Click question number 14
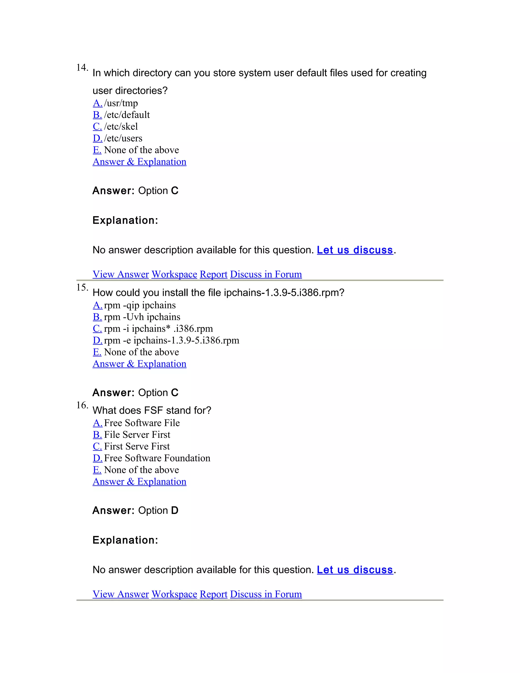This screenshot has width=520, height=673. (x=82, y=68)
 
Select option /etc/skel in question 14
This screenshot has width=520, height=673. (x=121, y=126)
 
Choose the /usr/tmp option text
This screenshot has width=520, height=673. (x=121, y=103)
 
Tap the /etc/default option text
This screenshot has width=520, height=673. (x=127, y=115)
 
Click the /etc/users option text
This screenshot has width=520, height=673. (x=123, y=138)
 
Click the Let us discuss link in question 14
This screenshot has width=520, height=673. (x=355, y=250)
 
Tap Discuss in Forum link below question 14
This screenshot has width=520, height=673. (x=266, y=274)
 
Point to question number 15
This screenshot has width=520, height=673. (x=82, y=287)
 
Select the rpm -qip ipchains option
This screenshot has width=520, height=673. (x=140, y=305)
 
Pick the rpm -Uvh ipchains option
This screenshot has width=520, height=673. (x=142, y=317)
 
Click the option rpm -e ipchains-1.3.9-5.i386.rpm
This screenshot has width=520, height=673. (x=171, y=340)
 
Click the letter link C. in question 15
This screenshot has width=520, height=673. (x=97, y=328)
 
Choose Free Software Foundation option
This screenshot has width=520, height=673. (x=157, y=458)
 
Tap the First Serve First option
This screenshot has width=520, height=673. (x=137, y=446)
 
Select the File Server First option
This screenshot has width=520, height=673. (x=137, y=435)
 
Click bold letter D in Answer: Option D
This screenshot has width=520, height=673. (x=175, y=510)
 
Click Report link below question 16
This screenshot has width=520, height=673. (x=214, y=594)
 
